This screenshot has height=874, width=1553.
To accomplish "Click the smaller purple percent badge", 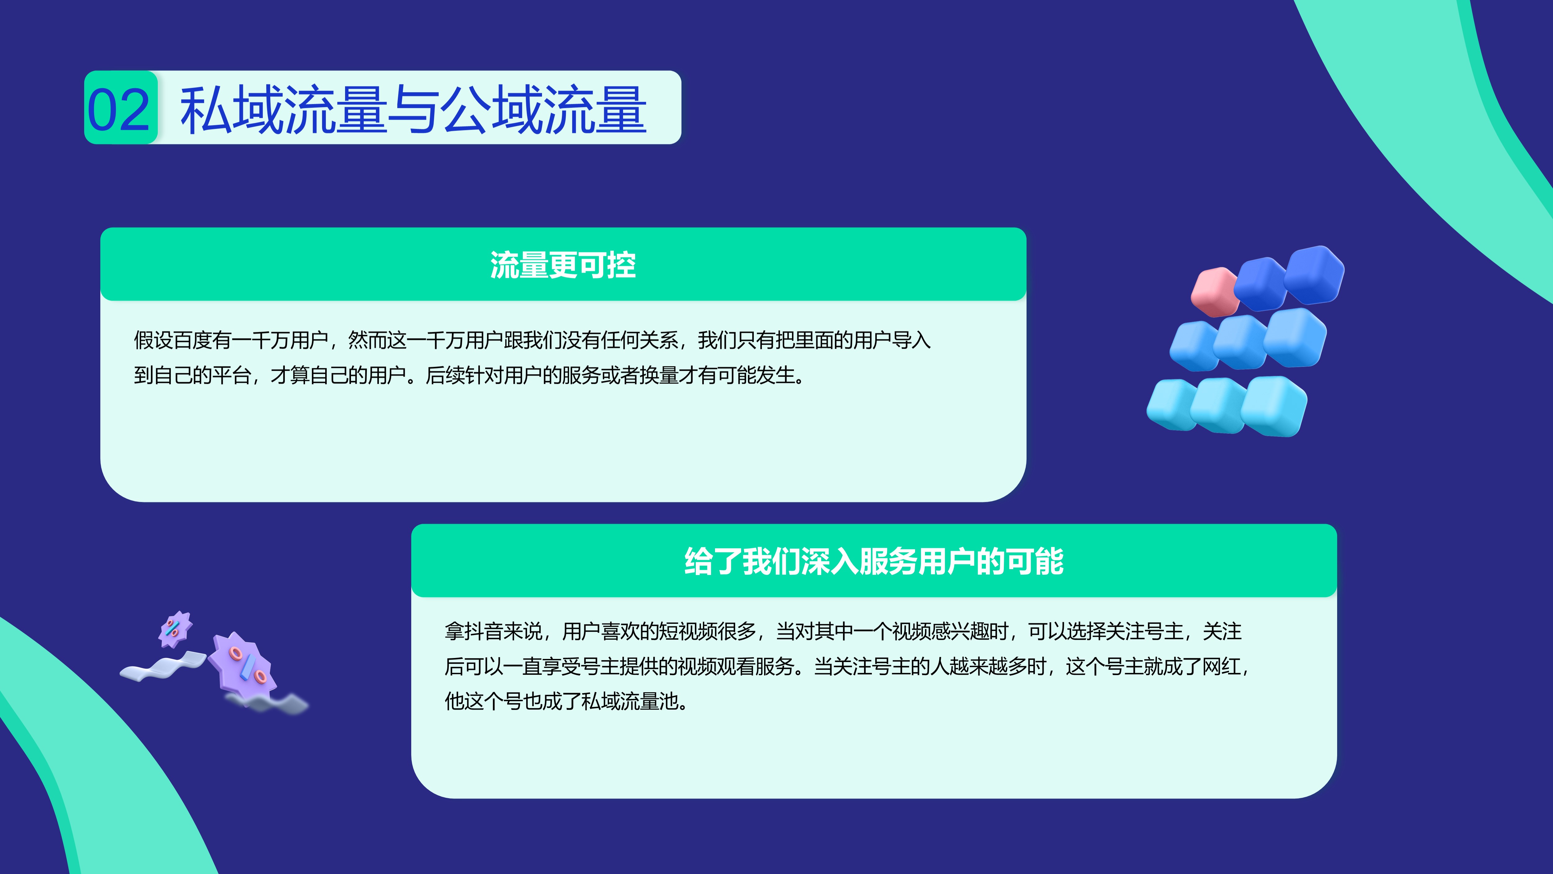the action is (175, 629).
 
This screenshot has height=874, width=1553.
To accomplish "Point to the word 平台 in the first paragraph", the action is (231, 375).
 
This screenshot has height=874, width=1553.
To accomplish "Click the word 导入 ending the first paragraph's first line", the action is (912, 340).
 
